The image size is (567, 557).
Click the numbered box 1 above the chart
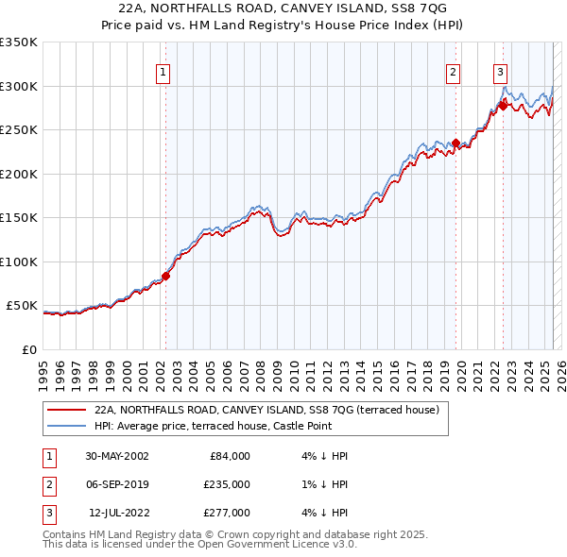[x=163, y=72]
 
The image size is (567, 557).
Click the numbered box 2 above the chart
[x=454, y=72]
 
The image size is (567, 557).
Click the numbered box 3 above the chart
[x=500, y=72]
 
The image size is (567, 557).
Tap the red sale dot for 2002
[x=165, y=277]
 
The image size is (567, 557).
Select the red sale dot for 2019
[x=455, y=143]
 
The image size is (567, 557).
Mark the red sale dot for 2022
[x=503, y=106]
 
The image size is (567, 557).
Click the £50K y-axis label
[x=21, y=306]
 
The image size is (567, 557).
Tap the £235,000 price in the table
[x=227, y=484]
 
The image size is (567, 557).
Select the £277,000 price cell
[x=227, y=513]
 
